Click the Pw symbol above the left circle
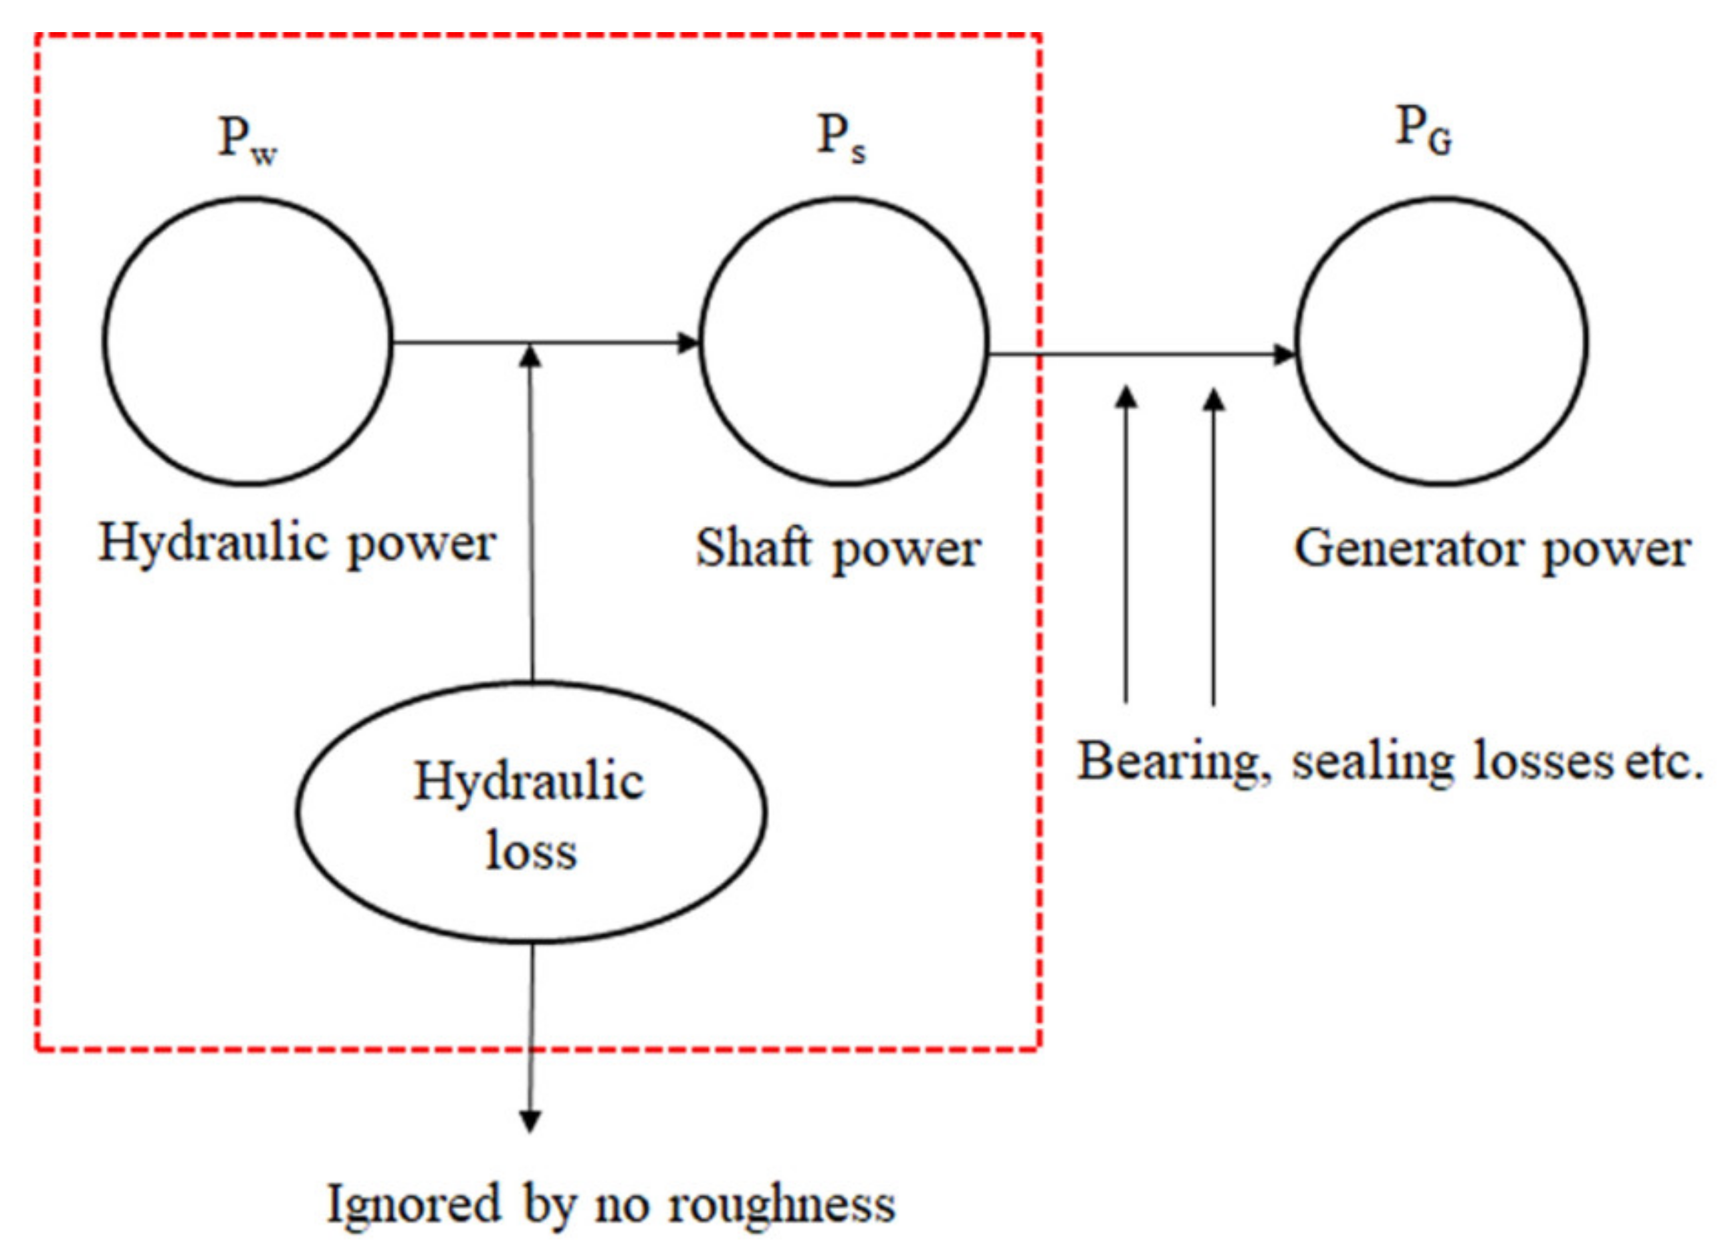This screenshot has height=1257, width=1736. tap(247, 141)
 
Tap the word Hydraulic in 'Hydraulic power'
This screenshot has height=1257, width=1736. tap(213, 545)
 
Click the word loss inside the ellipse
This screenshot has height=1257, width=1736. tap(530, 851)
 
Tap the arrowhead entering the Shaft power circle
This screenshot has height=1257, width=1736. tap(689, 343)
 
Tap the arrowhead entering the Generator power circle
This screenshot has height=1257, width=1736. tap(1284, 354)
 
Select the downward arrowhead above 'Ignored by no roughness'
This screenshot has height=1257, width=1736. tap(530, 1121)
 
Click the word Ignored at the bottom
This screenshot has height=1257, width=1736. tap(413, 1206)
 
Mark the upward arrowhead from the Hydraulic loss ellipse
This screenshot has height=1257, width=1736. tap(530, 357)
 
